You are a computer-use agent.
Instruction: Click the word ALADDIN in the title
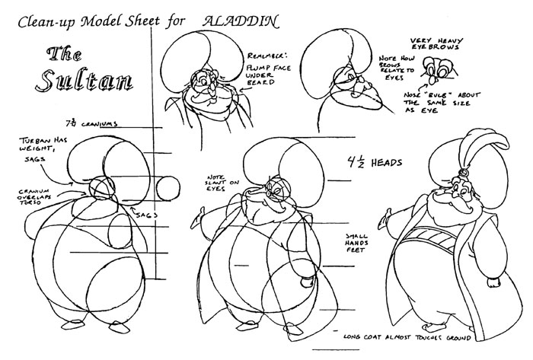241,21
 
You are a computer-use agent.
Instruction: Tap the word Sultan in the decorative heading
84,81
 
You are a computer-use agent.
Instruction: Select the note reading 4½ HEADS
375,162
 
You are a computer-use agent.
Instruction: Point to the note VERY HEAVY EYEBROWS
437,44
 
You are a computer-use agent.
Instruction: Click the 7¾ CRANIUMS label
92,123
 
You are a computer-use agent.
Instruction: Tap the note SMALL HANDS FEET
357,243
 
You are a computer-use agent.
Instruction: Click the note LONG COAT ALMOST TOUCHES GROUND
407,337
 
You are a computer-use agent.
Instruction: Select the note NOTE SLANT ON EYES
222,183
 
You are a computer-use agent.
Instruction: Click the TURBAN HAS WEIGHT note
43,145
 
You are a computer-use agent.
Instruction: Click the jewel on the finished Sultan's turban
463,174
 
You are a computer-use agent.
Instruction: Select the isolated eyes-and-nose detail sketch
436,71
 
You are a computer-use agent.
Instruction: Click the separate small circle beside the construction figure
168,189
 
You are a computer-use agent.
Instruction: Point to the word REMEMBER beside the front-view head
267,56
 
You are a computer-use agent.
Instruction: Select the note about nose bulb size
441,103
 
